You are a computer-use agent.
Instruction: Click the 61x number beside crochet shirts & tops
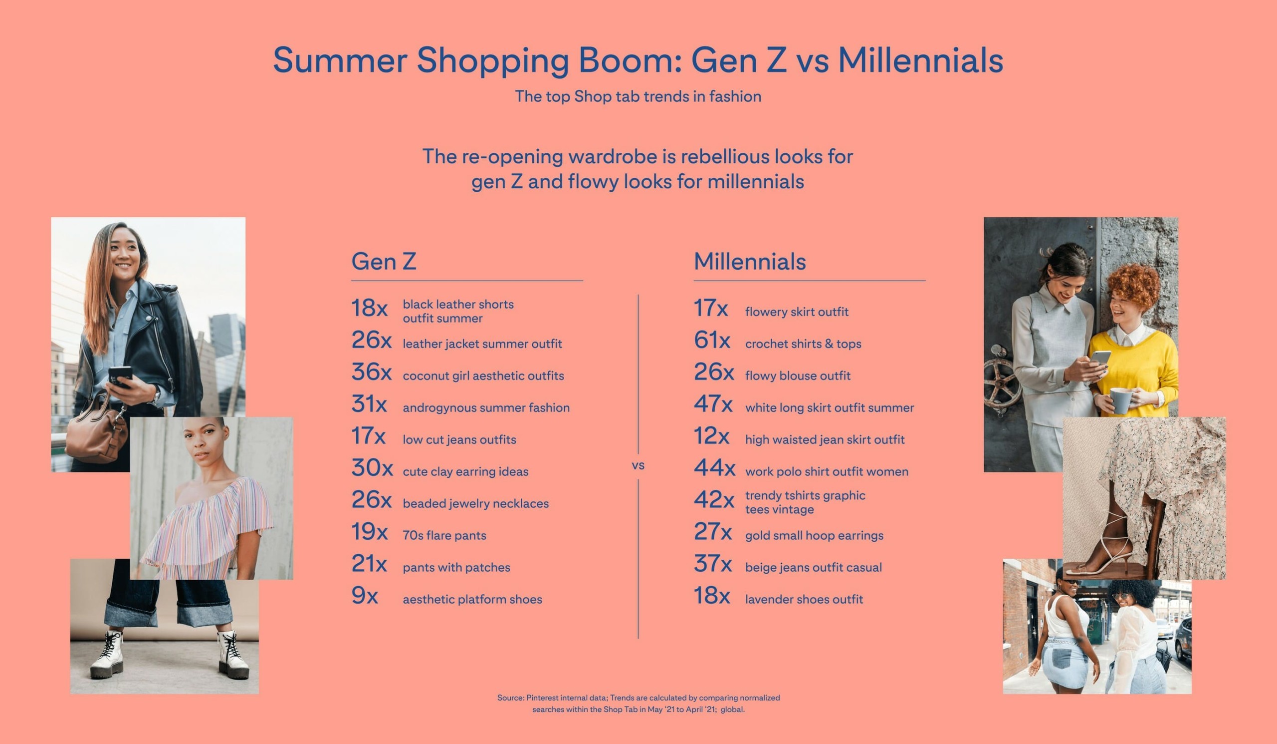711,341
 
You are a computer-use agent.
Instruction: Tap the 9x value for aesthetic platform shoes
364,596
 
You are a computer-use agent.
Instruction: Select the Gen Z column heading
384,262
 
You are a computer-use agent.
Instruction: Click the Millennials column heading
749,262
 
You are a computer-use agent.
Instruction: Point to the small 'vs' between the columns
638,465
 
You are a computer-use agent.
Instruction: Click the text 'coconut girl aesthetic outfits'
483,376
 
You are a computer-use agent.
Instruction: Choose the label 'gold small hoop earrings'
814,536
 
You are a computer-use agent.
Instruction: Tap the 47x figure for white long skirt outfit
712,404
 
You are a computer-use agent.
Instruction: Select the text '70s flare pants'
444,536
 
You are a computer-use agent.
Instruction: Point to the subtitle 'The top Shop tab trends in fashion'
638,96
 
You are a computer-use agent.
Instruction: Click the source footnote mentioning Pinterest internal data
638,704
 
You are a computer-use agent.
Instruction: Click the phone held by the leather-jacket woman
120,375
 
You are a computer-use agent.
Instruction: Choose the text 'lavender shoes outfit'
804,600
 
